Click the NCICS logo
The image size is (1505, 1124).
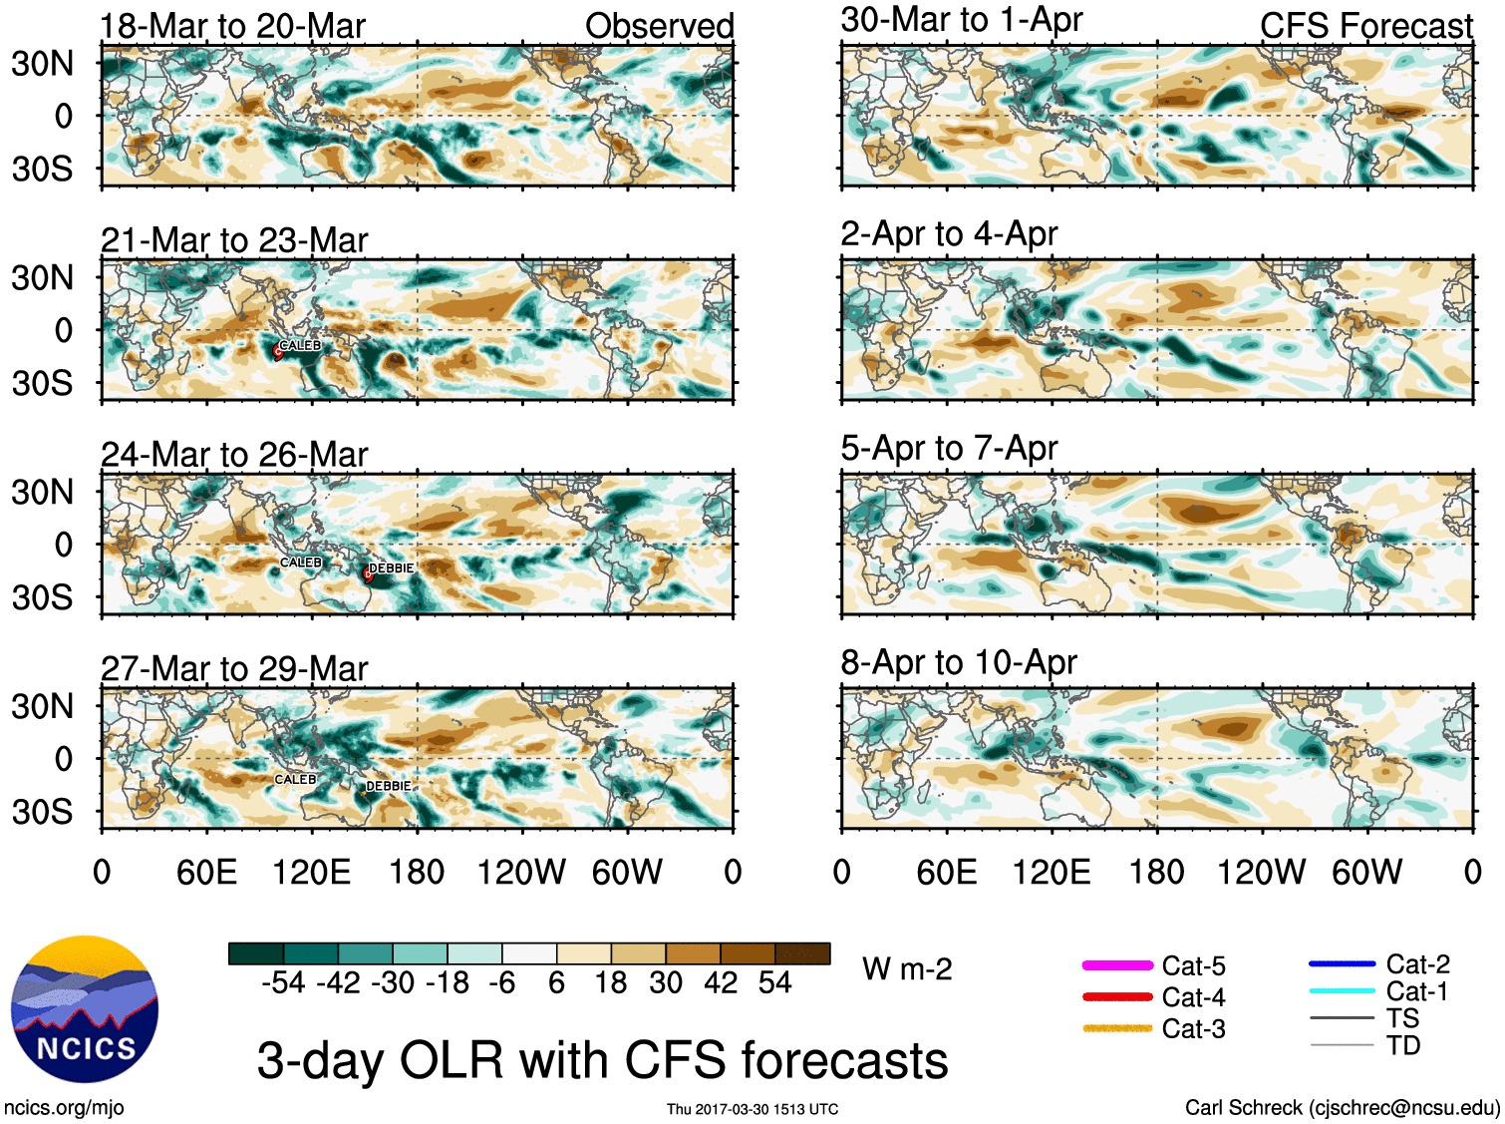click(84, 1008)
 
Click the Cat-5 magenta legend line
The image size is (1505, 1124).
click(1117, 965)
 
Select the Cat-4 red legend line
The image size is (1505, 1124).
click(1117, 996)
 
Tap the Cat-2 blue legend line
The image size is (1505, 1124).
click(1342, 963)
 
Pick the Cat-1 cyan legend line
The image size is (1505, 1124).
click(1342, 990)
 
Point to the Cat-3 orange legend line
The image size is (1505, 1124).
click(1117, 1028)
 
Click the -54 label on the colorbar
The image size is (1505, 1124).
click(283, 982)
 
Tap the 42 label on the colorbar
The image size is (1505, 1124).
click(722, 982)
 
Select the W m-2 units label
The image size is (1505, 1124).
click(907, 968)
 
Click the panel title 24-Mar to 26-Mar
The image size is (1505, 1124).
click(234, 454)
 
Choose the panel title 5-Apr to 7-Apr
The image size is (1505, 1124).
click(949, 448)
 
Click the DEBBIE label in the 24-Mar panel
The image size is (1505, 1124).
click(391, 568)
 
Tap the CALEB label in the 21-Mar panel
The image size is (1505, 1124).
click(300, 345)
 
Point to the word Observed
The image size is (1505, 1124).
click(659, 26)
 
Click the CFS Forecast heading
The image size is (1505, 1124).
click(1365, 26)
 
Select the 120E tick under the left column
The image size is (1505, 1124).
click(312, 872)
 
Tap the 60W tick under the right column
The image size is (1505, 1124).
click(1366, 872)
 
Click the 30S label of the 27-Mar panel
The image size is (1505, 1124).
click(42, 812)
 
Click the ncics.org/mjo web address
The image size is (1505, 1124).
click(64, 1107)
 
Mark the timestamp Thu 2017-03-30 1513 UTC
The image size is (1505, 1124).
click(752, 1109)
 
